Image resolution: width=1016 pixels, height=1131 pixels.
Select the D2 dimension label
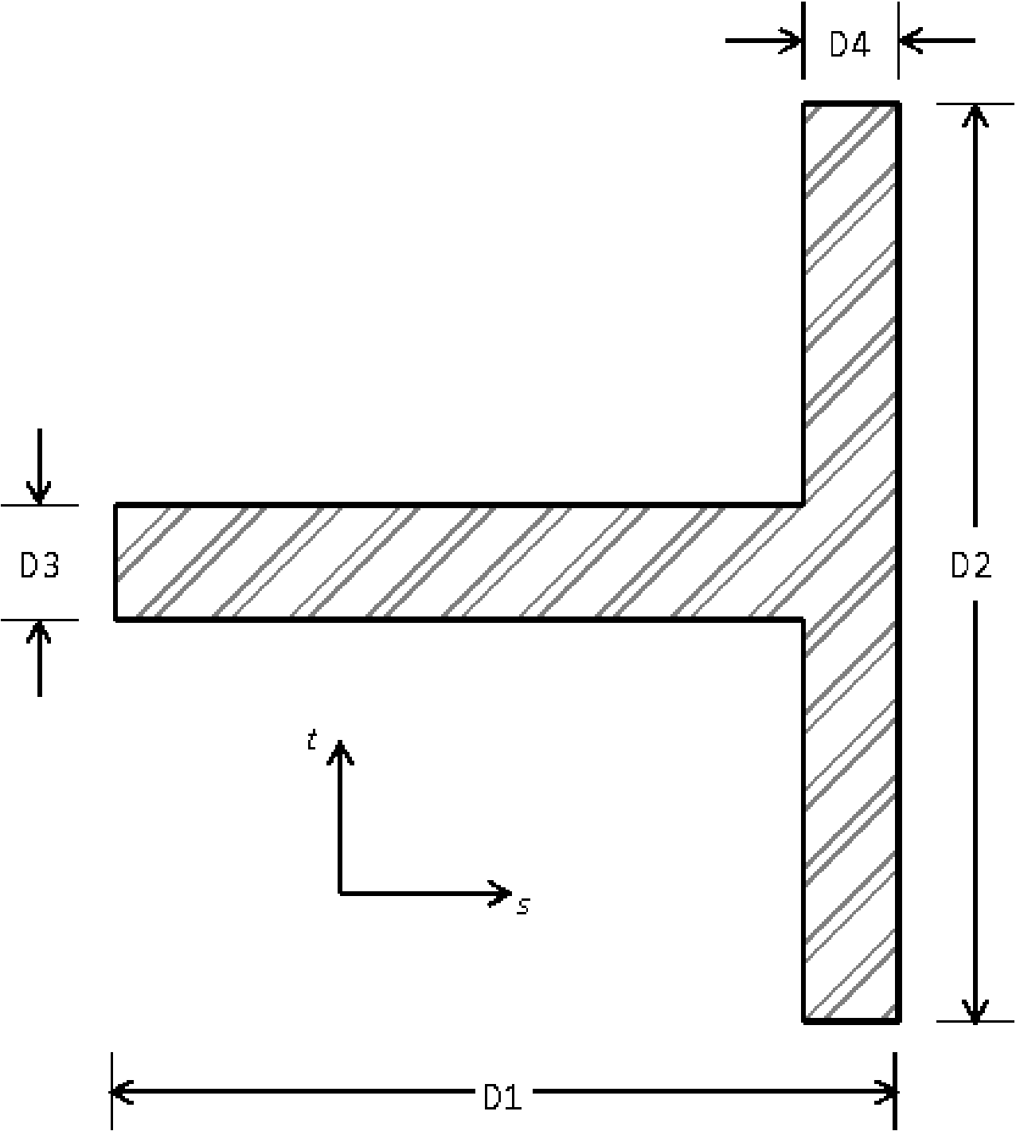pyautogui.click(x=971, y=565)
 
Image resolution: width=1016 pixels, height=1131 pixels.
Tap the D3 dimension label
pyautogui.click(x=39, y=565)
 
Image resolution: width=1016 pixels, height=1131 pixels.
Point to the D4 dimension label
pyautogui.click(x=850, y=45)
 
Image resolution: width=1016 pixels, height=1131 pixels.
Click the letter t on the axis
pyautogui.click(x=312, y=742)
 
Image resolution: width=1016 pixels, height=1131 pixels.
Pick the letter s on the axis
pyautogui.click(x=523, y=906)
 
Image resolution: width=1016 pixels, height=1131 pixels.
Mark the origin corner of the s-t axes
pyautogui.click(x=340, y=893)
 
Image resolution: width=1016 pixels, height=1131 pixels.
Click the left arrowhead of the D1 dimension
pyautogui.click(x=119, y=1092)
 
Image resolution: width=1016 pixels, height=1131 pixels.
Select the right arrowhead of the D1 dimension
pyautogui.click(x=889, y=1092)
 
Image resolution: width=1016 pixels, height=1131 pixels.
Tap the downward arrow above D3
pyautogui.click(x=39, y=494)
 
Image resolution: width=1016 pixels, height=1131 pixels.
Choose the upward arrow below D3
pyautogui.click(x=39, y=631)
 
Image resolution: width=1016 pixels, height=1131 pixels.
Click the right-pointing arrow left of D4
pyautogui.click(x=792, y=40)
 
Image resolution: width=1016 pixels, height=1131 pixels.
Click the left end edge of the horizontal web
pyautogui.click(x=116, y=562)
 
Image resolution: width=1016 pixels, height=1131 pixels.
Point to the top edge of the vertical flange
pyautogui.click(x=851, y=104)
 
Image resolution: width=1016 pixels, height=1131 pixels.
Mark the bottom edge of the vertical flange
pyautogui.click(x=851, y=1020)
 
